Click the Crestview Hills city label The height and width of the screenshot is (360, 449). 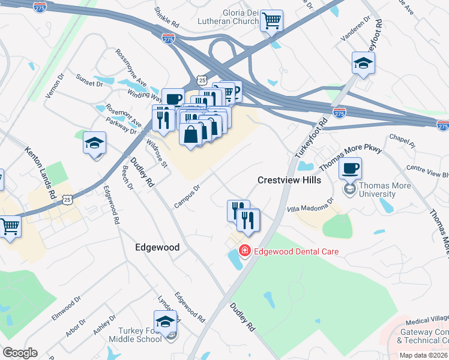pos(289,180)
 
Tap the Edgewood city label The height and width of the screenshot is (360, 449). pos(157,247)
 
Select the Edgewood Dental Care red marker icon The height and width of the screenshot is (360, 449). pos(244,251)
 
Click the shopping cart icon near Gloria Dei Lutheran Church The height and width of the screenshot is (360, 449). pos(271,22)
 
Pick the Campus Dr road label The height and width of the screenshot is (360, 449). pos(187,196)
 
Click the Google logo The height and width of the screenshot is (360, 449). pos(20,353)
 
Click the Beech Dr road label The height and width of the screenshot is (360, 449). pos(127,176)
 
